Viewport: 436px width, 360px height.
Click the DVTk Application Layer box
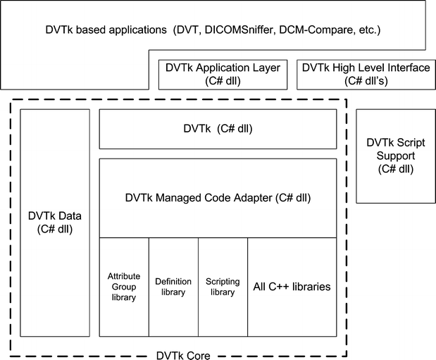(222, 74)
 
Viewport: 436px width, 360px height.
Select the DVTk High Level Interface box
(365, 74)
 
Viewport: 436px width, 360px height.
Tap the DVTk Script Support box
(395, 155)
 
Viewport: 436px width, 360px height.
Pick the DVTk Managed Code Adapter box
(218, 198)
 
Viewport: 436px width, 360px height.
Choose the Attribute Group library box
(124, 287)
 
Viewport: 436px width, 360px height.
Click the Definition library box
(173, 287)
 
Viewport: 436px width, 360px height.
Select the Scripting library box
(223, 287)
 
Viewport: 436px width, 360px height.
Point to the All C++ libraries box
(292, 287)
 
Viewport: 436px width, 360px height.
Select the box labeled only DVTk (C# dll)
(218, 129)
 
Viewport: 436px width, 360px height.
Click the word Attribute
(124, 276)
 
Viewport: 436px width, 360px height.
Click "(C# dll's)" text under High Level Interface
(365, 80)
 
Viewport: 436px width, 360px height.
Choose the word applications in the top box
(123, 31)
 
